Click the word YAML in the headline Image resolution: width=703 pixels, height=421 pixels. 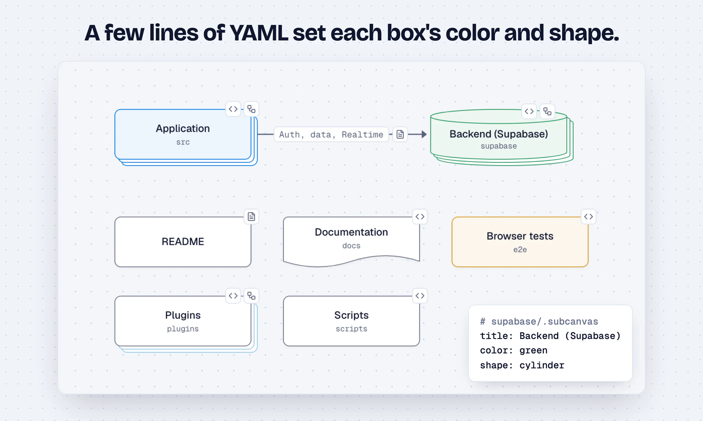[259, 33]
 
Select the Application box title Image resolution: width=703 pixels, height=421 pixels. [183, 129]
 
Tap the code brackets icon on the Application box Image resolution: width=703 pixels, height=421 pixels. [233, 109]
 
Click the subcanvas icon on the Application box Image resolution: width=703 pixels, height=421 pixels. [251, 109]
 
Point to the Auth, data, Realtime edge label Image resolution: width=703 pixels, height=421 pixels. [331, 134]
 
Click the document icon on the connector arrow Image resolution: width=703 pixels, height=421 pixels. [400, 134]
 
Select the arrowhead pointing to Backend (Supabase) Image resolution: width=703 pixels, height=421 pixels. [424, 134]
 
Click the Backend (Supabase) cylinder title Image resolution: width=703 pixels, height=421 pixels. [499, 134]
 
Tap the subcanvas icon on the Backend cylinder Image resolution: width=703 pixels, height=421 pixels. [547, 111]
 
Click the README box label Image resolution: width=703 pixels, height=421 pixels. [183, 242]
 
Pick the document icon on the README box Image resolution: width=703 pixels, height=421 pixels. [251, 217]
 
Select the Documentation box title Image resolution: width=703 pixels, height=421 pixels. [351, 232]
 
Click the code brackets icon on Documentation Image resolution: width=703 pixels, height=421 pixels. [420, 217]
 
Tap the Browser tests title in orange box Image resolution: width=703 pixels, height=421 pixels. [520, 236]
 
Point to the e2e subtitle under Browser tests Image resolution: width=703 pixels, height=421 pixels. [520, 250]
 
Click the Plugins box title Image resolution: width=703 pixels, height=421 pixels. [183, 315]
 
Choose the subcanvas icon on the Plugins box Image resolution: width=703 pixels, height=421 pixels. [251, 296]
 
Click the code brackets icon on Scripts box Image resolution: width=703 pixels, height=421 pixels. [420, 296]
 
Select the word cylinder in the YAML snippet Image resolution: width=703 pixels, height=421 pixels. [542, 365]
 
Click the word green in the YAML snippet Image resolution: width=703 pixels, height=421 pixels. [533, 351]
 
